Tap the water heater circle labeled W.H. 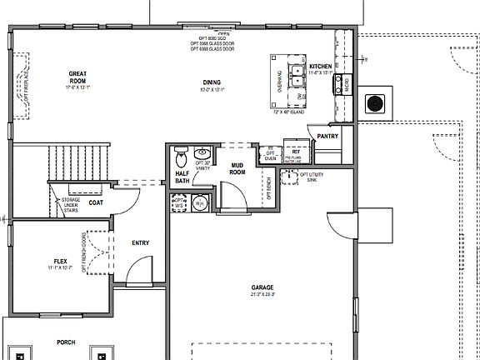(199, 202)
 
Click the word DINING (212, 82)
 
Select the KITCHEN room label (321, 66)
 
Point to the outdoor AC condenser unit (377, 103)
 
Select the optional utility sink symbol (289, 175)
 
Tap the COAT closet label (96, 202)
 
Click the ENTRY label (141, 243)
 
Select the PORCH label (65, 342)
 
